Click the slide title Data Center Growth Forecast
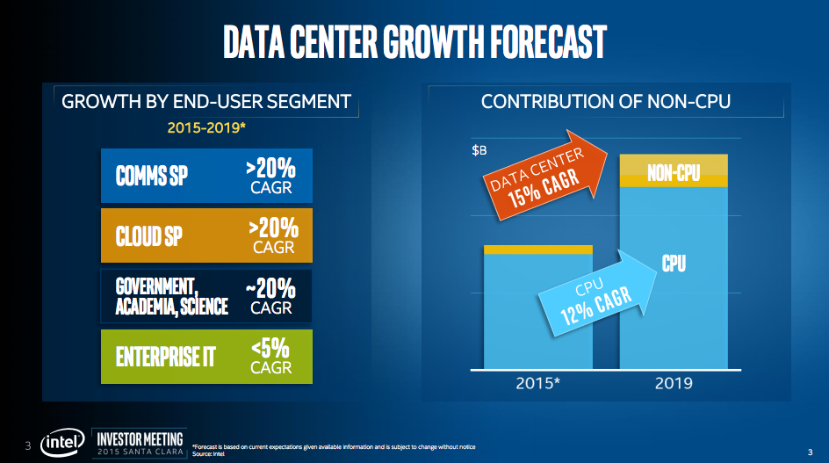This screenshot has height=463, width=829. (414, 40)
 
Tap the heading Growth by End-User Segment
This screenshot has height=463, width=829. (206, 102)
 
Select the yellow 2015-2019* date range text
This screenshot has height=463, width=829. (206, 128)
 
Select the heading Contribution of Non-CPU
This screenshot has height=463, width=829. (606, 102)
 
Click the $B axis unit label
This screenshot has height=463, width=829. (479, 149)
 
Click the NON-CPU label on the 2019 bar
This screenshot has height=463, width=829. (674, 171)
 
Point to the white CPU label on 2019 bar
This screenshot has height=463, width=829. (674, 263)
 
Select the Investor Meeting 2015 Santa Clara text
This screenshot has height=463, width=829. (141, 444)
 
